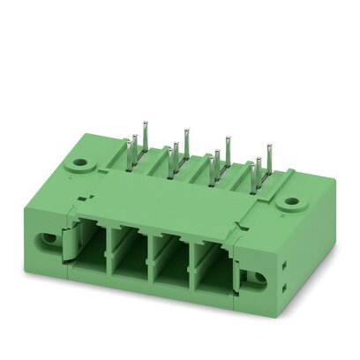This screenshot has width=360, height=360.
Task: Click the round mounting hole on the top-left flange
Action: coord(82,164)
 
